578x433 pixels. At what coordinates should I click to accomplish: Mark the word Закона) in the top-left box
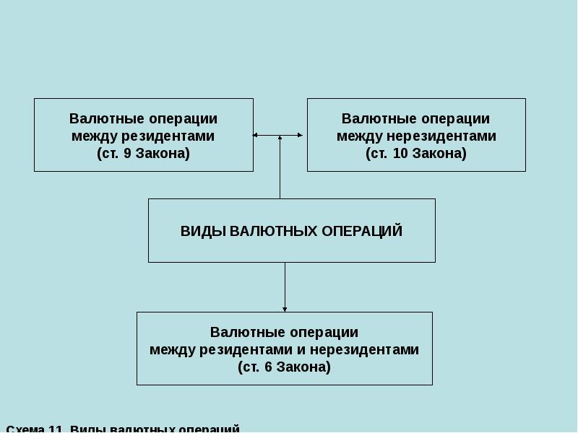tap(167, 154)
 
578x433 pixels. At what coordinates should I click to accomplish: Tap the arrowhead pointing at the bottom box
tap(285, 309)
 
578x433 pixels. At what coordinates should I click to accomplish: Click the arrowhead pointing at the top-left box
tap(256, 135)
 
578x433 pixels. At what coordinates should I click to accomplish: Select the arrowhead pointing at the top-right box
tap(300, 135)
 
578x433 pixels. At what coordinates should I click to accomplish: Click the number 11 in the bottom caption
tap(56, 429)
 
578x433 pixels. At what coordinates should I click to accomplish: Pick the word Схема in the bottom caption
tap(25, 429)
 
